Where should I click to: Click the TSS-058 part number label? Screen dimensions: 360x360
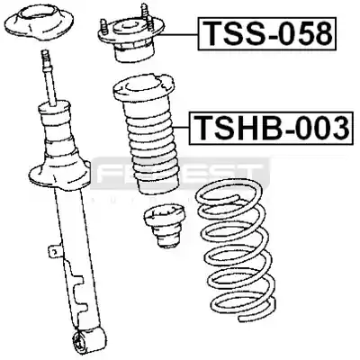pyautogui.click(x=266, y=33)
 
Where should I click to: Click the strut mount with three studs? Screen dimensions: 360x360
pyautogui.click(x=132, y=38)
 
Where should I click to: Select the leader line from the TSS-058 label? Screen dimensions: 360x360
pyautogui.click(x=177, y=34)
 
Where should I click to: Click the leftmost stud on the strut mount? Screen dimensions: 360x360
pyautogui.click(x=104, y=26)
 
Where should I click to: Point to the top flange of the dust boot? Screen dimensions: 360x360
pyautogui.click(x=143, y=88)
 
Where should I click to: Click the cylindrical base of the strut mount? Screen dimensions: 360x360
pyautogui.click(x=134, y=53)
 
